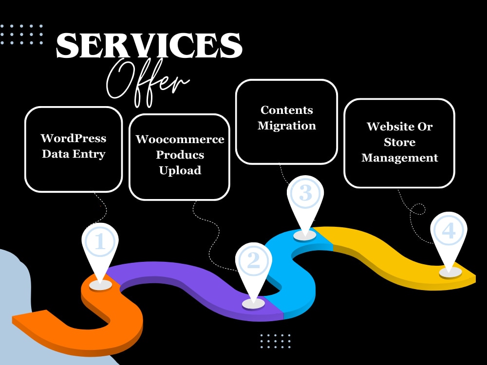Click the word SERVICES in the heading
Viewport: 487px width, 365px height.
pos(149,45)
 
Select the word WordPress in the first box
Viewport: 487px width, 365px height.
pos(74,138)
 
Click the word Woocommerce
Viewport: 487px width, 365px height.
pos(180,139)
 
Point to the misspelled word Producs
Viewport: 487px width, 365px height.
pos(180,155)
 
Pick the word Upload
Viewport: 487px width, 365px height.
pos(180,170)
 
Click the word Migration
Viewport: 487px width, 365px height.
pos(287,126)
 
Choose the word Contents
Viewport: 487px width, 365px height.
pos(287,110)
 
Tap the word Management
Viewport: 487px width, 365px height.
pos(400,158)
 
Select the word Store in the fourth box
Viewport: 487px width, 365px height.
pos(400,142)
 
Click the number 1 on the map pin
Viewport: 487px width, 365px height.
pos(100,241)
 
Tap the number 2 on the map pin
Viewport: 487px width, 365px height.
pos(253,260)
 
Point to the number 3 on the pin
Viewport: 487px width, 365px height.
pos(305,193)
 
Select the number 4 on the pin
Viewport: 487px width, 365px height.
pos(449,231)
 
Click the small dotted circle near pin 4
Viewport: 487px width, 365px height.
pos(418,209)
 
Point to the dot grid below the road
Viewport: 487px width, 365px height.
pos(275,341)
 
